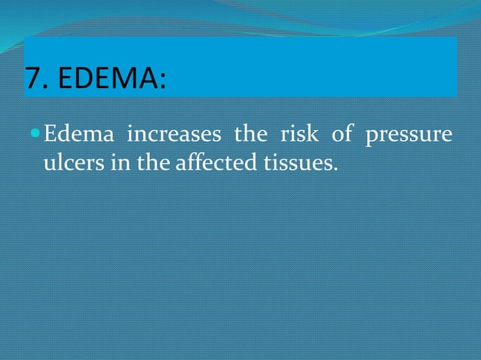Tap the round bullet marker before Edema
click(x=35, y=135)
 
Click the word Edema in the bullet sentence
click(x=79, y=136)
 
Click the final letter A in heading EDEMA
click(x=149, y=78)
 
